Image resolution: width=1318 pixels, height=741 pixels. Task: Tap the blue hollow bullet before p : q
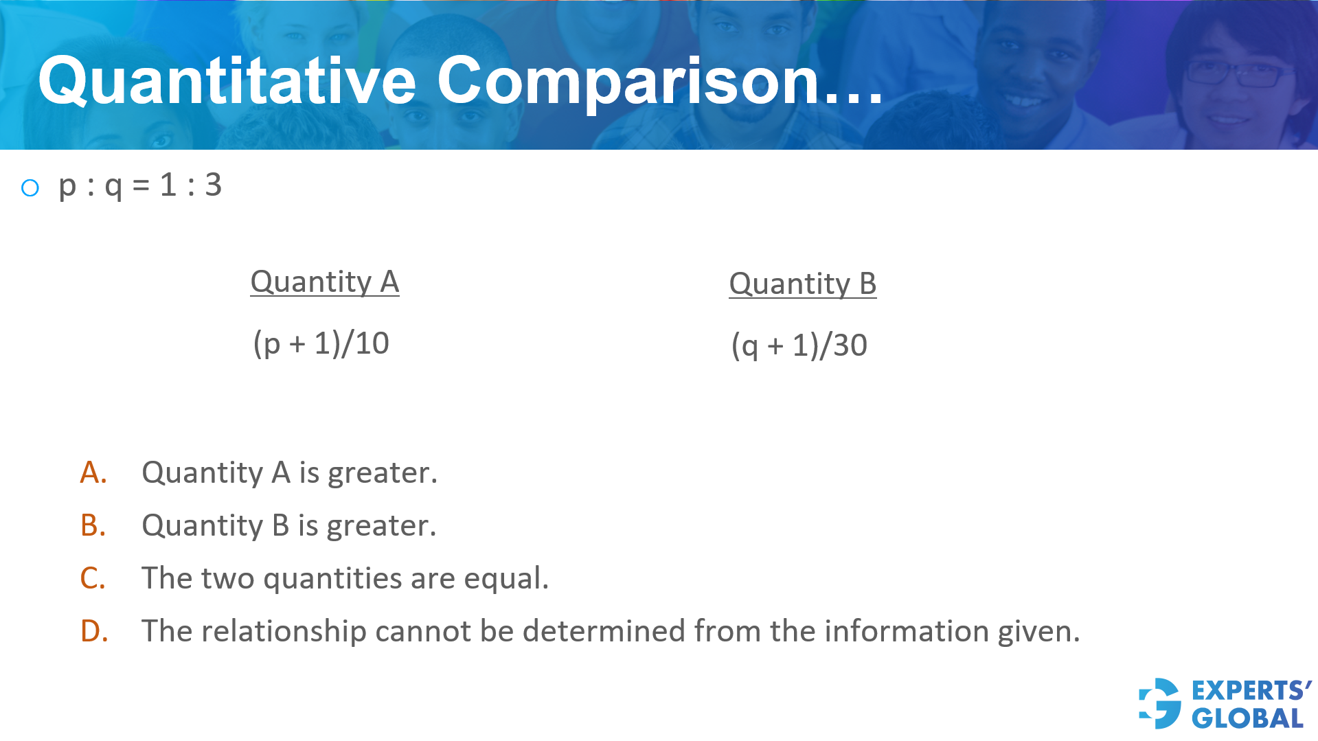click(30, 187)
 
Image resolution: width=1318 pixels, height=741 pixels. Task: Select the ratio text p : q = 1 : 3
click(140, 185)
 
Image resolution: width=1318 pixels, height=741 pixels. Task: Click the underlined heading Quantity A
click(324, 282)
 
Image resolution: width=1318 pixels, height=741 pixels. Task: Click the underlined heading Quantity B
click(802, 284)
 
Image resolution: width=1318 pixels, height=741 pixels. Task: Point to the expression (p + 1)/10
click(321, 343)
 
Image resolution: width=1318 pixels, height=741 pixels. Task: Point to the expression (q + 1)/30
click(799, 345)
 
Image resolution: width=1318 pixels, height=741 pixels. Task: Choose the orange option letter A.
click(93, 472)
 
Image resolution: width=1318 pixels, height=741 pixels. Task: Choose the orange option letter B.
click(93, 525)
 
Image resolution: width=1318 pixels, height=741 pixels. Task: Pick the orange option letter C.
click(93, 578)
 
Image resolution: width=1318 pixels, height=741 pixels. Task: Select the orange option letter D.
click(94, 631)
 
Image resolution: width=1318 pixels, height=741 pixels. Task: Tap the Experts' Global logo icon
click(1160, 703)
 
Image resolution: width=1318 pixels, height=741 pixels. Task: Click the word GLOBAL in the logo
click(1247, 718)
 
